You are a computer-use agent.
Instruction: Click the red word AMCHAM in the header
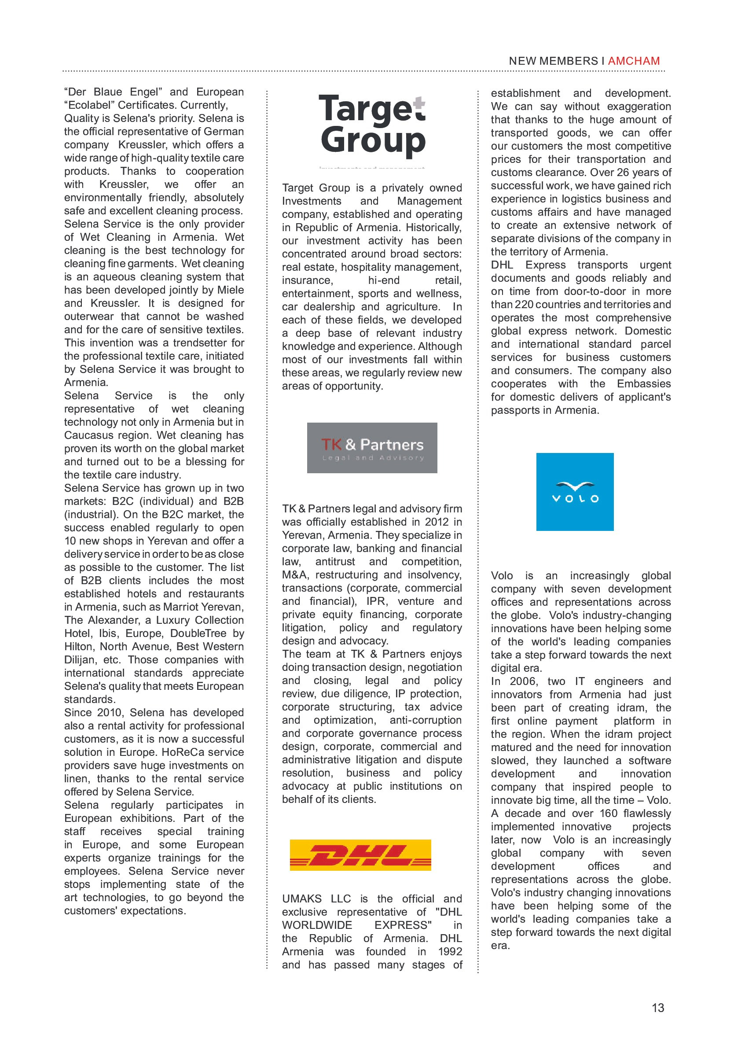(x=633, y=61)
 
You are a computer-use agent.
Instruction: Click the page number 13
(x=657, y=1008)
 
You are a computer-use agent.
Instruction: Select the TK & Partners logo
(x=372, y=448)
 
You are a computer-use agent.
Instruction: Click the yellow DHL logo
(x=360, y=855)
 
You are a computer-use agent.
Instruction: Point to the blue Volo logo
(x=575, y=492)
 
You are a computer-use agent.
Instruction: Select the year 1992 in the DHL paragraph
(x=450, y=951)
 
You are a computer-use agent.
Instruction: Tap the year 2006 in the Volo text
(x=523, y=681)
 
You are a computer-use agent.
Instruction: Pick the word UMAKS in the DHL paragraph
(x=302, y=898)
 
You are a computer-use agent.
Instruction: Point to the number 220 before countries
(x=524, y=305)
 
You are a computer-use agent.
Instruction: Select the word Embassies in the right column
(x=643, y=384)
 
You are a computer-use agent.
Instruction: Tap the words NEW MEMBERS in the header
(x=553, y=61)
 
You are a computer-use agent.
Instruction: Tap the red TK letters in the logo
(x=331, y=445)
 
